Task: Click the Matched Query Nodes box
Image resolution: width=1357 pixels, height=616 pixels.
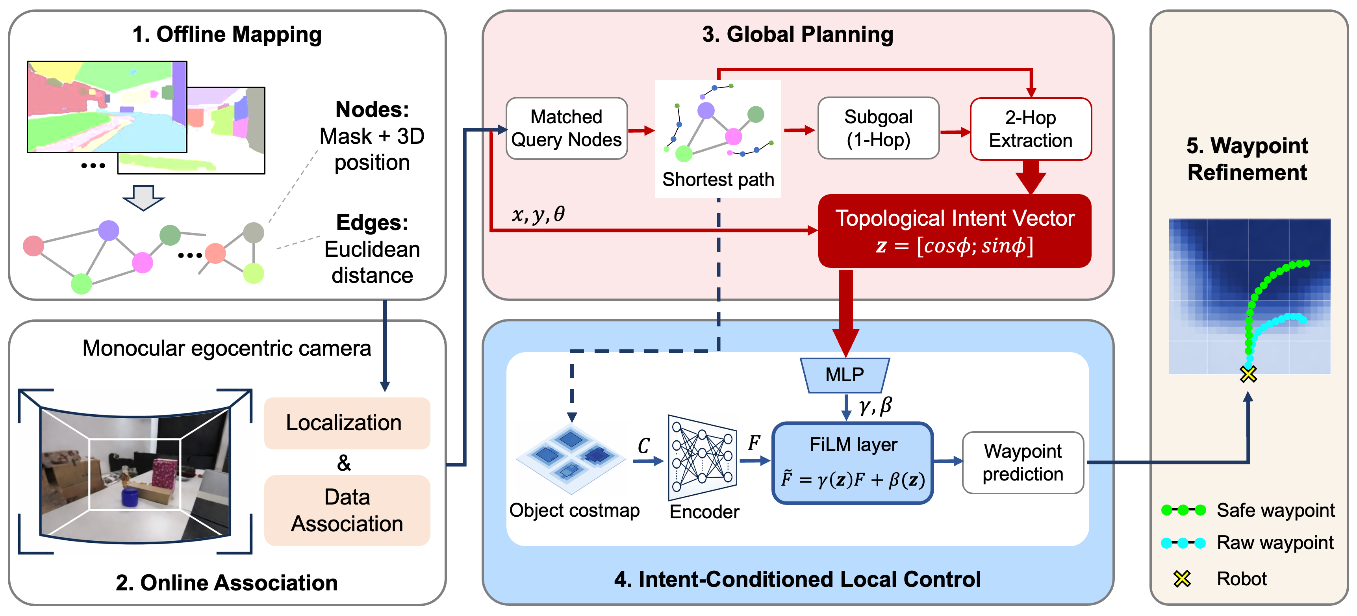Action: (566, 128)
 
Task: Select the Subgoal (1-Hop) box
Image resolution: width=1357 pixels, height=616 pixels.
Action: (878, 128)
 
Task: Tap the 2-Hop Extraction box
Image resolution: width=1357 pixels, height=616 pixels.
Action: (1031, 129)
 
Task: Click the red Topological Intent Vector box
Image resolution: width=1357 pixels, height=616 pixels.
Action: (954, 231)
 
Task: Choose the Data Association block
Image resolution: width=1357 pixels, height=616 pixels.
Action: (347, 510)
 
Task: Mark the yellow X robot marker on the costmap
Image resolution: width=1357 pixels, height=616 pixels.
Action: (1248, 374)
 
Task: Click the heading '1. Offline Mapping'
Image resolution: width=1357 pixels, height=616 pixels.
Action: (227, 34)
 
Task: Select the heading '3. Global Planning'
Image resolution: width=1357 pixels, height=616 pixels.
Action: (797, 34)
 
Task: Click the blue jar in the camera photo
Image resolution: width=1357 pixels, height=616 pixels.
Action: (130, 497)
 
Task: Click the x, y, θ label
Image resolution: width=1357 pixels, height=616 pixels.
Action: (538, 214)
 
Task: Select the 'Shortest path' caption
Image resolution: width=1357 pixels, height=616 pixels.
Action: (718, 180)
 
